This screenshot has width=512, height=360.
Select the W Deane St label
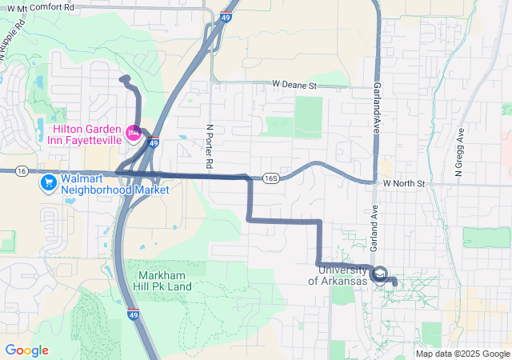pos(294,84)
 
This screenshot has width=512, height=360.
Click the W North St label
pos(407,183)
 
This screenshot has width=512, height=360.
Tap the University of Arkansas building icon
pos(380,274)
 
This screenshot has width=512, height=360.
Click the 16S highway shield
pos(271,178)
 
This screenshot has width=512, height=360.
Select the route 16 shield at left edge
pos(22,171)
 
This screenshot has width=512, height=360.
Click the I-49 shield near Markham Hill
pos(133,314)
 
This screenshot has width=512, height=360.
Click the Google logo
pos(26,350)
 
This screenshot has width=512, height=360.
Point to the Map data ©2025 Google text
pos(462,354)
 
